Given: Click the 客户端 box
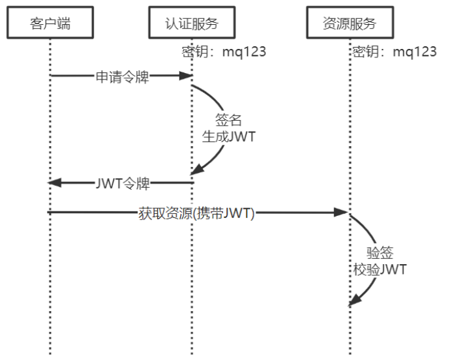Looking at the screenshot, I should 50,23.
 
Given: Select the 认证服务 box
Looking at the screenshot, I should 191,23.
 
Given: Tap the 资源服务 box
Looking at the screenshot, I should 350,23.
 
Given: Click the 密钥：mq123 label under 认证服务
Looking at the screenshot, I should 224,52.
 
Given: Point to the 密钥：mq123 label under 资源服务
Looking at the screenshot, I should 394,52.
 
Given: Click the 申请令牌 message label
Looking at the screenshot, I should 123,76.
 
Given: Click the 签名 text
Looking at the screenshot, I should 228,120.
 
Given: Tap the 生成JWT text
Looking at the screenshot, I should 228,136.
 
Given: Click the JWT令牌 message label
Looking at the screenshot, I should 123,184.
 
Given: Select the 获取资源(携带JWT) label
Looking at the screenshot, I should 196,212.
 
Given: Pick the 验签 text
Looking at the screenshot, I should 380,253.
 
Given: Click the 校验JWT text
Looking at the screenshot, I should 380,269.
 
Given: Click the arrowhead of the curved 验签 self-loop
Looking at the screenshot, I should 353,301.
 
